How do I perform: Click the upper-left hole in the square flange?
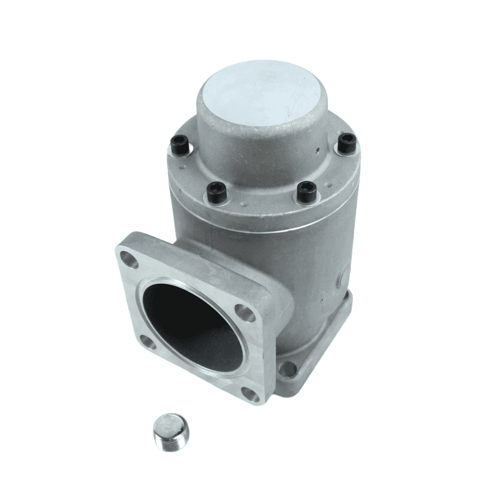tap(130, 260)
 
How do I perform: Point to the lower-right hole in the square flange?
tap(253, 395)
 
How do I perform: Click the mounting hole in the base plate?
tap(287, 368)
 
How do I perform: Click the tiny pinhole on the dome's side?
tap(317, 148)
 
